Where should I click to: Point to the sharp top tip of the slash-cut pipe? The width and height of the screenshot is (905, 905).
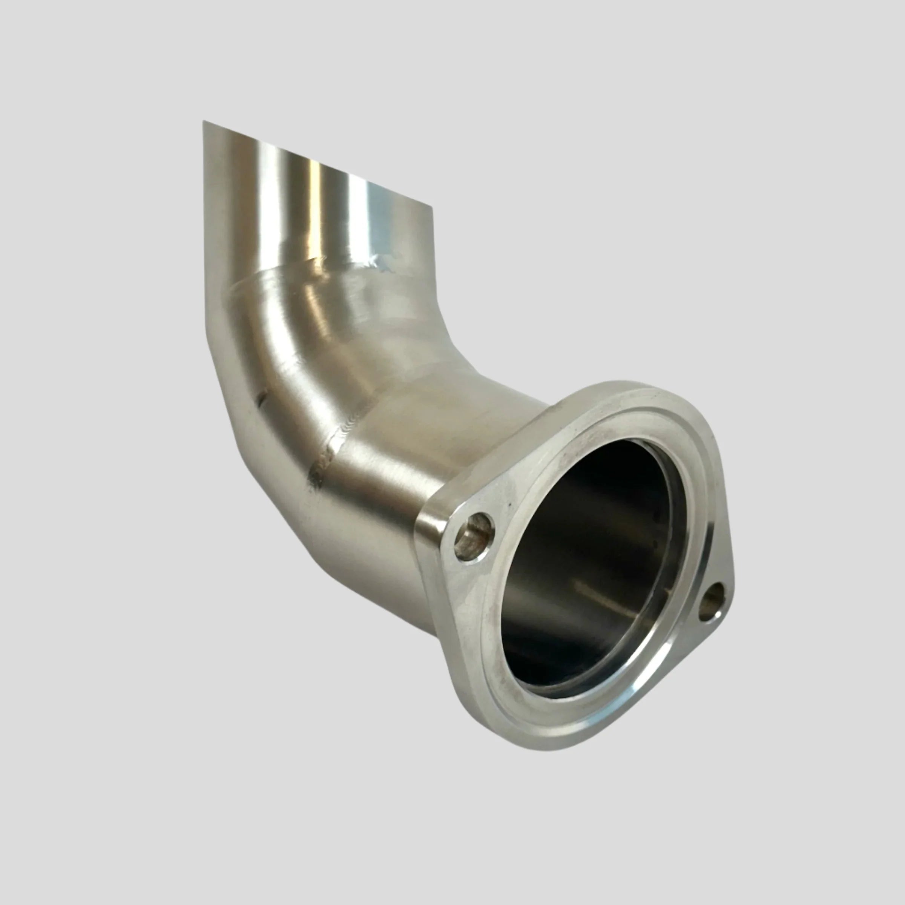(204, 123)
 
